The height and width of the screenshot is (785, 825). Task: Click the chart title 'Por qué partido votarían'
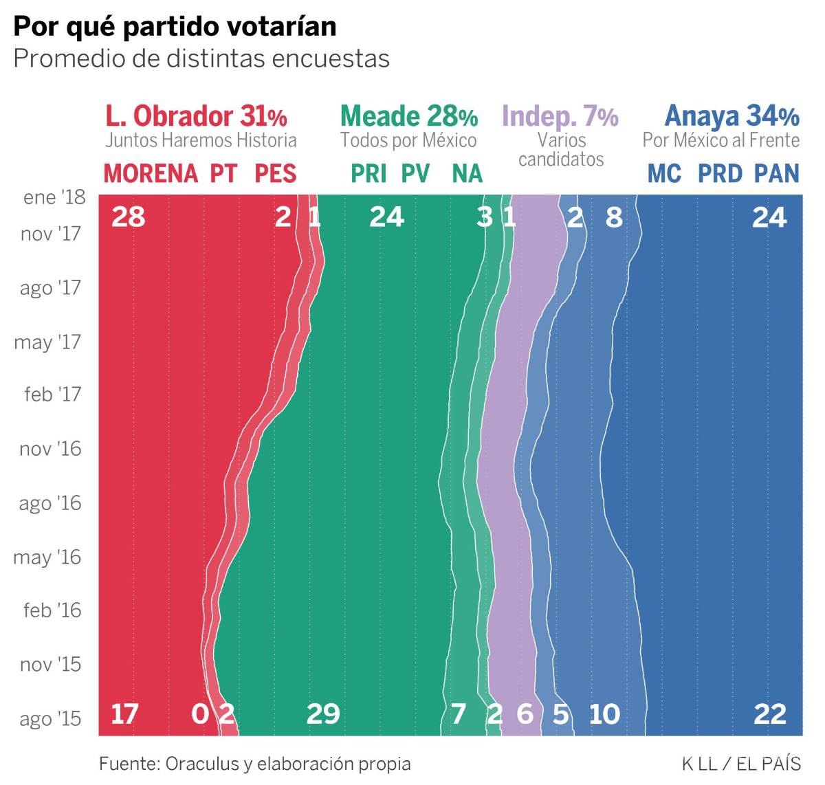[175, 26]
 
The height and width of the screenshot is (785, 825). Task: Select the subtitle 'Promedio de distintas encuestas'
[201, 58]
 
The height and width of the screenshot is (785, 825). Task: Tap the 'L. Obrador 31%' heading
[196, 116]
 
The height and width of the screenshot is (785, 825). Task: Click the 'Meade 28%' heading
[408, 116]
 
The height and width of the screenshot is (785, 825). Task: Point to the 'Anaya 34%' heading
[731, 116]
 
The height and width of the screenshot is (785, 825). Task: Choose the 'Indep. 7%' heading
[560, 116]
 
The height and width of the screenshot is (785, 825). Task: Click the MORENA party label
[151, 173]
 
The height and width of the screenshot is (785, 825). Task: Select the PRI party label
[368, 173]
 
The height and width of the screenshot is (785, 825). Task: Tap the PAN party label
[777, 173]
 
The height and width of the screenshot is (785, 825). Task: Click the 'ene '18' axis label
[54, 197]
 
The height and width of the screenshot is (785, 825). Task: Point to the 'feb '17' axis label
[52, 395]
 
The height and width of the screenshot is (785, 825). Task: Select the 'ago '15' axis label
[50, 719]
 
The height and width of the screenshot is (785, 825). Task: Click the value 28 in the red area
[129, 217]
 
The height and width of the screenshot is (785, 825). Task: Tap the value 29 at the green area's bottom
[323, 714]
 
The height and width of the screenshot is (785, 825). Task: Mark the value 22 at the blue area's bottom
[769, 714]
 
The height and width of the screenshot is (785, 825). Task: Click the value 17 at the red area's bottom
[124, 714]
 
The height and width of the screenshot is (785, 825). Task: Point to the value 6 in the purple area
[525, 714]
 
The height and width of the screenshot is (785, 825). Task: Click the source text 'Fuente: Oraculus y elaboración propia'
[254, 764]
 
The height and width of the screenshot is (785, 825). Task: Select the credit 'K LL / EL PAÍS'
[741, 764]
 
